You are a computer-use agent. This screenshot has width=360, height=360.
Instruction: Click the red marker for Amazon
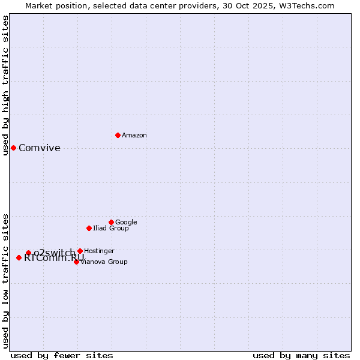point(118,135)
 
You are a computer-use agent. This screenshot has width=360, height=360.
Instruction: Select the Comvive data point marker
point(13,148)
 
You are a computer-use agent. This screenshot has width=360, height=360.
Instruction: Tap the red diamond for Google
point(111,222)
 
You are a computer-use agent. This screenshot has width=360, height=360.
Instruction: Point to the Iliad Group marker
point(89,228)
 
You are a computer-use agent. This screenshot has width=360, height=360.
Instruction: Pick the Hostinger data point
point(80,251)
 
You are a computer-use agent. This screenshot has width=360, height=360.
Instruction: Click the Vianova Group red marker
point(76,262)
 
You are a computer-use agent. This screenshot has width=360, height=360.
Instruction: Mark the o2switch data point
point(28,253)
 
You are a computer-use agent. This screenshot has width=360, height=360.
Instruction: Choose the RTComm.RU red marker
point(19,257)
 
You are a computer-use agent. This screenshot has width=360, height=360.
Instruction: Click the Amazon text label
point(134,136)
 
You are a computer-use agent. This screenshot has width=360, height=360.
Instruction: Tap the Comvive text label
point(40,148)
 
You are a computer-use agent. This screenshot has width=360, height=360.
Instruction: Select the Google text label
point(126,222)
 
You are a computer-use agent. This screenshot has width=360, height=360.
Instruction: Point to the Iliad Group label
point(111,228)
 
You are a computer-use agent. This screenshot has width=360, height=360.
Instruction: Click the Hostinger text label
point(99,251)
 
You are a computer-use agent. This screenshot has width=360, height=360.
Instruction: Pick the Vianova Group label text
point(104,262)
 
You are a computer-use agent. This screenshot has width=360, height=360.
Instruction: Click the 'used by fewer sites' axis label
point(62,355)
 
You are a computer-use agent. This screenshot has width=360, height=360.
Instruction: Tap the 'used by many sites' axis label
point(301,355)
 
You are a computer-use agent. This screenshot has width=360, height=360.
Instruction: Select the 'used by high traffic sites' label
point(5,85)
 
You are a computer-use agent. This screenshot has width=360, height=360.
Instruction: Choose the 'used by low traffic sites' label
point(5,280)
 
